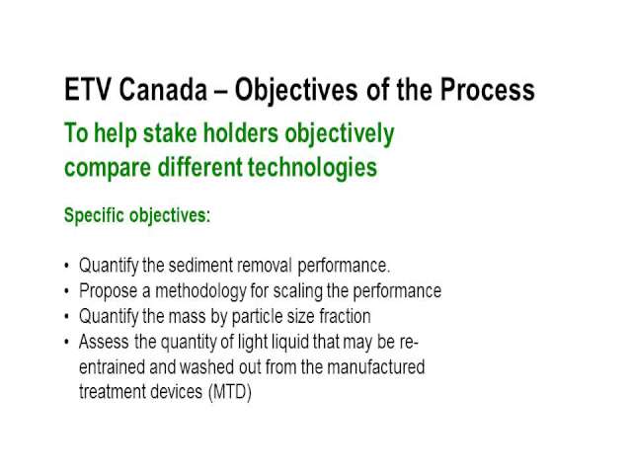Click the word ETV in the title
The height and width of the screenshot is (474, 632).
tap(87, 90)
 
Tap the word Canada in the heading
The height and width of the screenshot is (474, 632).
tap(163, 90)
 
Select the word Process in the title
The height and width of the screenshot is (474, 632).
tap(487, 90)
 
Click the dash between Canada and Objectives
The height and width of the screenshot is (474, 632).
tap(221, 91)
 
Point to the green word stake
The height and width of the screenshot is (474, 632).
tap(170, 133)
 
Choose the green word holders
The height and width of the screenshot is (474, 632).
tap(241, 133)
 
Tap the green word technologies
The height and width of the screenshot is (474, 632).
tap(312, 167)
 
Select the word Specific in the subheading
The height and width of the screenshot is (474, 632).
tap(94, 215)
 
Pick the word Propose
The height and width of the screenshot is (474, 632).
tap(108, 291)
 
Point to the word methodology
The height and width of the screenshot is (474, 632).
tap(200, 291)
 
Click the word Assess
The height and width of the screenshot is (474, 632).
tap(104, 343)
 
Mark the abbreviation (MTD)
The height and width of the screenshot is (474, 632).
tap(230, 392)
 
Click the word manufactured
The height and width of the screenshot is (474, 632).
tap(375, 367)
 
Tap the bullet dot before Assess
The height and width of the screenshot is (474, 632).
tap(66, 343)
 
